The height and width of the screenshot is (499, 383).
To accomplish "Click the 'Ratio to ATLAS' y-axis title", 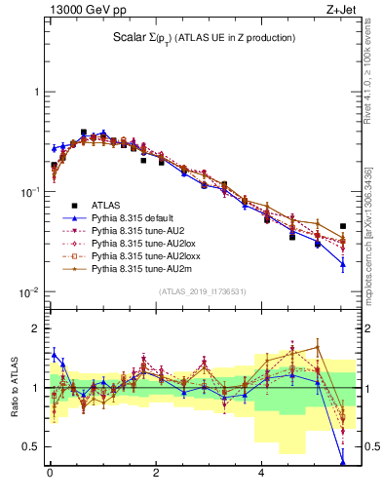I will point(13,387).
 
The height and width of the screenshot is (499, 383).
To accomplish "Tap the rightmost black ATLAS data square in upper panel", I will point(342,226).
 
